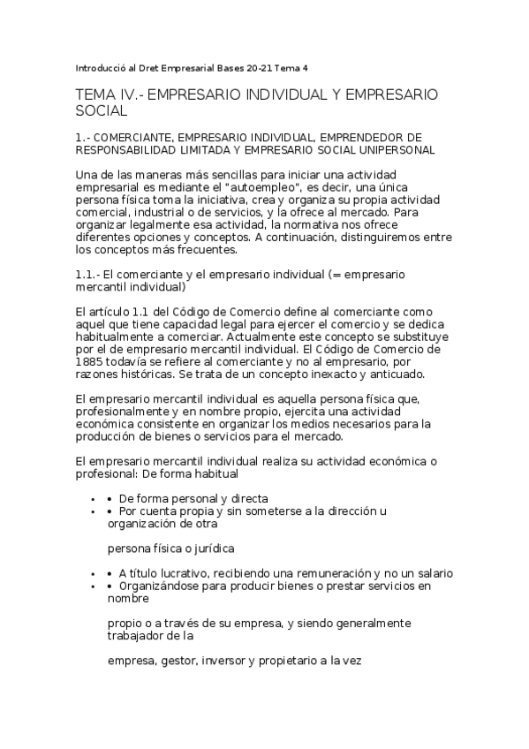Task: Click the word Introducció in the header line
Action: (102, 67)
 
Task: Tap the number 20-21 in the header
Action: (261, 67)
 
